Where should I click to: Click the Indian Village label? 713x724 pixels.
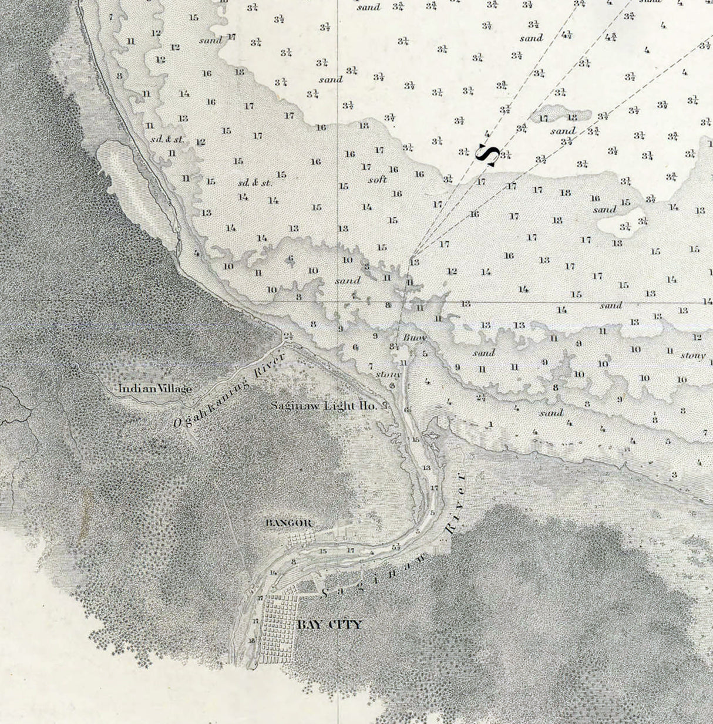tap(155, 388)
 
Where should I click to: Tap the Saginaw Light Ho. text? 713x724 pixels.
tap(325, 405)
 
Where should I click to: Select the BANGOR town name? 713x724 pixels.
tap(288, 523)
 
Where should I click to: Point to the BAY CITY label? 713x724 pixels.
tap(329, 625)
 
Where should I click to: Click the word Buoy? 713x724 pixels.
tap(415, 339)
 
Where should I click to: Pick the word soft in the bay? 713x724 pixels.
tap(377, 180)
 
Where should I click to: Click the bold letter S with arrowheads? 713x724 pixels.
tap(488, 154)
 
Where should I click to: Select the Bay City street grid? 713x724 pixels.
tap(276, 629)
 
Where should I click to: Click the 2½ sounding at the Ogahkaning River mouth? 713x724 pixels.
tap(288, 335)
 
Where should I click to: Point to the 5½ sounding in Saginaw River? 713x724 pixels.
tap(396, 547)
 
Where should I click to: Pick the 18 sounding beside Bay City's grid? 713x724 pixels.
tap(253, 641)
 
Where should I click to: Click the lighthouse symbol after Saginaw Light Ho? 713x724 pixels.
tap(386, 405)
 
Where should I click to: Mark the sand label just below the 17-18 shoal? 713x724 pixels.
tap(563, 131)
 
